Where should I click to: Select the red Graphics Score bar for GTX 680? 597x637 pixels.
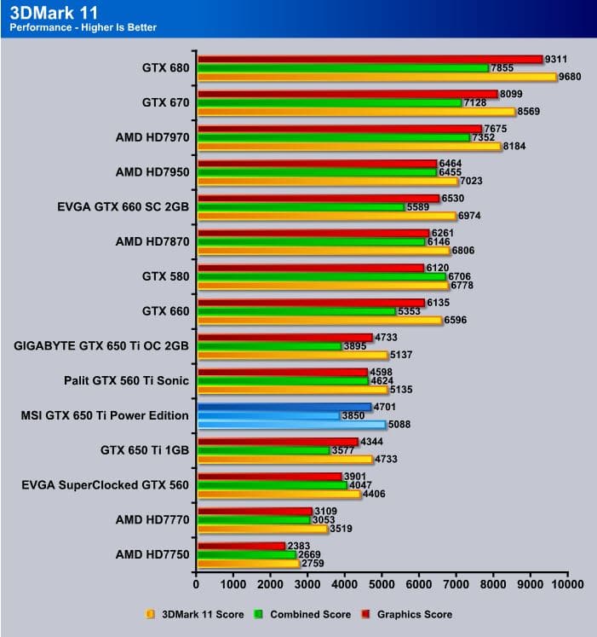click(x=370, y=59)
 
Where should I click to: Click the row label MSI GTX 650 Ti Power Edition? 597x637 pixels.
click(x=104, y=415)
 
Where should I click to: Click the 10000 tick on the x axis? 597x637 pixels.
click(x=566, y=584)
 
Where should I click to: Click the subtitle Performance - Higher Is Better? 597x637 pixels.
click(x=83, y=27)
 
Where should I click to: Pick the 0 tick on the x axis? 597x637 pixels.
click(x=197, y=584)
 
